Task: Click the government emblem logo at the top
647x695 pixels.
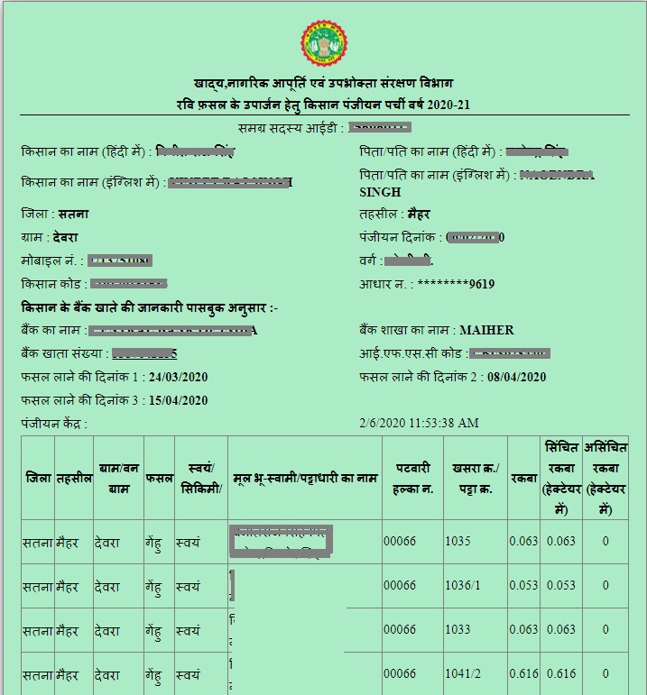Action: coord(323,44)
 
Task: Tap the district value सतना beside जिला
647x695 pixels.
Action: coord(73,215)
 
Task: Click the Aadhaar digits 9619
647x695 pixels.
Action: coord(482,284)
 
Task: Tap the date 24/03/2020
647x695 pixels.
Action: coord(178,377)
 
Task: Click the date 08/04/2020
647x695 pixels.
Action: coord(516,377)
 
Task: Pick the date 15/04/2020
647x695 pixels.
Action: coord(178,400)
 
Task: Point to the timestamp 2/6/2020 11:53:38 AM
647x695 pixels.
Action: coord(419,423)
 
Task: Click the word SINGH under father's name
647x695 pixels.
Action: coord(380,192)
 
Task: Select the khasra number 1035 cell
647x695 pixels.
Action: coord(458,542)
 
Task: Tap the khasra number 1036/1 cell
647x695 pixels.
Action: coord(464,586)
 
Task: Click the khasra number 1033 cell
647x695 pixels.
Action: coord(458,630)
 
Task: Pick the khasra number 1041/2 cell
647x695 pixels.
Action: coord(464,673)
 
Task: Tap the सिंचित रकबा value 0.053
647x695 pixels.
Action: coord(560,586)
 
